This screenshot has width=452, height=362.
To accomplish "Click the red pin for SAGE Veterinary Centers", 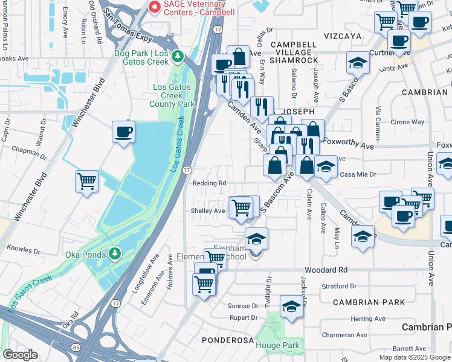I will [x=154, y=7].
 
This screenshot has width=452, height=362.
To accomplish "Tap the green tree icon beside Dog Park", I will [x=177, y=56].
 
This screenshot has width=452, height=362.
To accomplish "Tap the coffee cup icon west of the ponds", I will [x=124, y=132].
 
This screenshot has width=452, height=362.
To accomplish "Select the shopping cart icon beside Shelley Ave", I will [x=242, y=207].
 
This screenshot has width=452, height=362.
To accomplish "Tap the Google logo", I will [x=21, y=355].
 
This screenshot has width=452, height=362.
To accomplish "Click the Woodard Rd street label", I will [x=326, y=270].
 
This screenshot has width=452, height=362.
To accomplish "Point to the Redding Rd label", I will [x=209, y=183].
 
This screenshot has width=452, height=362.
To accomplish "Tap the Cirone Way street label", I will [x=409, y=122].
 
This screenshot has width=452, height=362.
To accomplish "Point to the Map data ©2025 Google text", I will [x=415, y=357].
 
